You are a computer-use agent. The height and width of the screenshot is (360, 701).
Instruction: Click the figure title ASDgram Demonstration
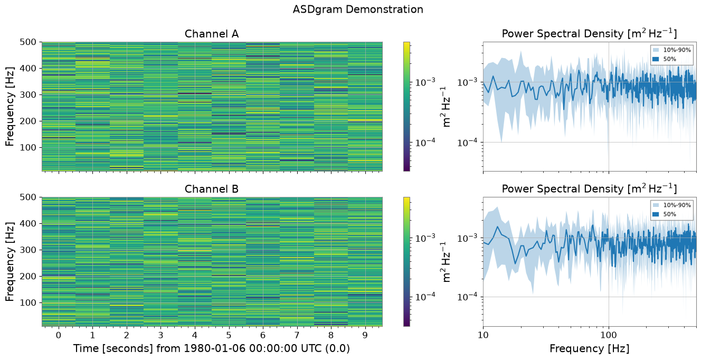tap(358, 10)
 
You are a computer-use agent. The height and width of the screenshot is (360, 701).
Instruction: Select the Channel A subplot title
tap(212, 34)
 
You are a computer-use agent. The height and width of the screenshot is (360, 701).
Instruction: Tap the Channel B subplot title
tap(212, 189)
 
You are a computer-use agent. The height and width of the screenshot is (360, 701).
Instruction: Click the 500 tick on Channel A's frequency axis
tap(28, 42)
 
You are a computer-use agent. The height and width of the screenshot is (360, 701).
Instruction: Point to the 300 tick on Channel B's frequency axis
tap(28, 250)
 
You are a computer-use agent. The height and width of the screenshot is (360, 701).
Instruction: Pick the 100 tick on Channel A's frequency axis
tap(28, 147)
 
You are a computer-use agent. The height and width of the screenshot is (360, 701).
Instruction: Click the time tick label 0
tap(59, 335)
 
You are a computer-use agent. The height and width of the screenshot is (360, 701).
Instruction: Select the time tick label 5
tap(229, 335)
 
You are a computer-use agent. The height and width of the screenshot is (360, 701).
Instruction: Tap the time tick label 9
tap(365, 335)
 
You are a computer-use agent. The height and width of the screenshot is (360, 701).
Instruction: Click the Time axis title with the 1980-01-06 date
tap(212, 348)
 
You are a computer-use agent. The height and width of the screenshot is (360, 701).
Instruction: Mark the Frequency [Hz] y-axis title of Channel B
tap(10, 262)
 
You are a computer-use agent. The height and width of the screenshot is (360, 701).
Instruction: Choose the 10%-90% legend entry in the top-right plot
tap(672, 50)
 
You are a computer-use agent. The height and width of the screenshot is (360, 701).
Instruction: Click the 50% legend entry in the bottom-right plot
tap(665, 214)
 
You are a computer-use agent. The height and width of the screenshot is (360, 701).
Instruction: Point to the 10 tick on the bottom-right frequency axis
tap(483, 335)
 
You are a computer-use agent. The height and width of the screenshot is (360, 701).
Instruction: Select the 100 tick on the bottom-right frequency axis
tap(609, 335)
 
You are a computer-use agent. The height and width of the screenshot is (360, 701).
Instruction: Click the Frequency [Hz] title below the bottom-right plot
tap(590, 348)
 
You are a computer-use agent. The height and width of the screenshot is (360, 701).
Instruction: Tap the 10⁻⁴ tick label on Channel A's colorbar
tap(425, 143)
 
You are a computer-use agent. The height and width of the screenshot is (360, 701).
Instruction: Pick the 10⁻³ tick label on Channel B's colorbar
tap(425, 238)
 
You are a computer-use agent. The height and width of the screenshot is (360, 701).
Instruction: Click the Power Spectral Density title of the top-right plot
tap(589, 33)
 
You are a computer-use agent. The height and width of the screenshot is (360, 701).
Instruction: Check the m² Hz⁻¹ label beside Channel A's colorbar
tap(446, 107)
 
